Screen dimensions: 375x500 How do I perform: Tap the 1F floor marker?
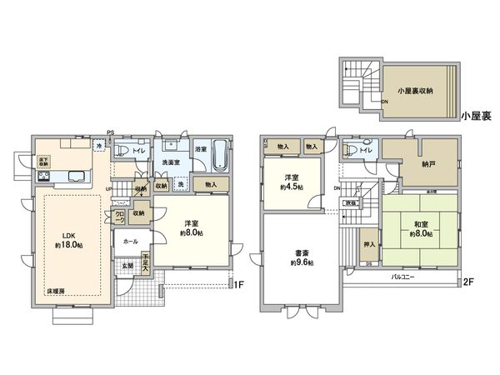(x=239, y=284)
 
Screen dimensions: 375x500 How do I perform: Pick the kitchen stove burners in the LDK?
(x=42, y=177)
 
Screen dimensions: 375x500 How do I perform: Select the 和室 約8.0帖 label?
(x=420, y=228)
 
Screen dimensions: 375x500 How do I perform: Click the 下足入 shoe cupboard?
(x=145, y=263)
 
